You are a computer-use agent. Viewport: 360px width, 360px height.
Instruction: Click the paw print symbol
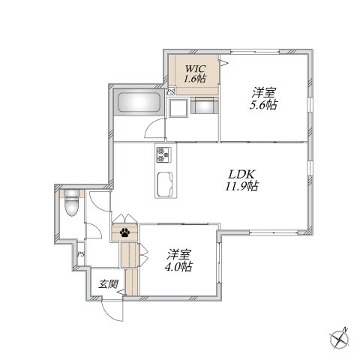[124, 232]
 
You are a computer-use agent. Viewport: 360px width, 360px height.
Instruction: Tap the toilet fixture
[71, 202]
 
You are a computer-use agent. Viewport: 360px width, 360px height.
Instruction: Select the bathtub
[139, 102]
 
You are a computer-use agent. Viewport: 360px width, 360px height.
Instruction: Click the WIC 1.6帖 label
[195, 73]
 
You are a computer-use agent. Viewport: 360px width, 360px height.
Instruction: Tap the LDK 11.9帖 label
[241, 180]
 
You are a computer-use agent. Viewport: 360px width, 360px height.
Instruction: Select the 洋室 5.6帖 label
[264, 98]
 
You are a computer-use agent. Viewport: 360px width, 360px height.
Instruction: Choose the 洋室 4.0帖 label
[178, 260]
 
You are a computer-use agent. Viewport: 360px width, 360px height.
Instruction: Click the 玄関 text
[108, 284]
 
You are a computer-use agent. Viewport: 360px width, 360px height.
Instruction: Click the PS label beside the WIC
[171, 91]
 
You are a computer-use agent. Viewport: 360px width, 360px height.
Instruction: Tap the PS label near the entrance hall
[80, 254]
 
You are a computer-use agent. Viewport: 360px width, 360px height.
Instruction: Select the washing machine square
[178, 108]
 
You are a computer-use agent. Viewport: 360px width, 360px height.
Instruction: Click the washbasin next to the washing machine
[205, 106]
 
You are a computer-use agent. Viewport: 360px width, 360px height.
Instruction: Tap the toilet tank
[71, 193]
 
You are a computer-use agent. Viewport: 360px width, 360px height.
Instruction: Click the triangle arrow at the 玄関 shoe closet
[120, 292]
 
